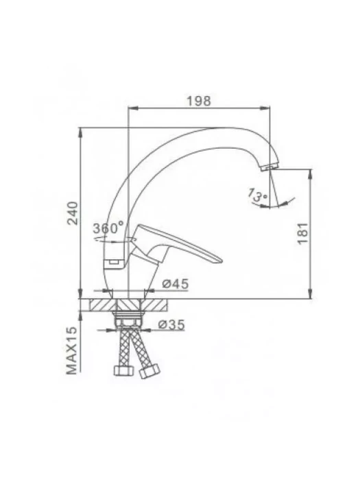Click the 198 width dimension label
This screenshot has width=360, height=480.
pos(199,101)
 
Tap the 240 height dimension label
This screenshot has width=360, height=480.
pos(73,213)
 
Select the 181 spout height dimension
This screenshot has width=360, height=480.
pos(302,233)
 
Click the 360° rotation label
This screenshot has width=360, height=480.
pos(108,228)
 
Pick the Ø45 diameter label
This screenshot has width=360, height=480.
pos(176,284)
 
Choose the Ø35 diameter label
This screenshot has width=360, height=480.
pos(171,325)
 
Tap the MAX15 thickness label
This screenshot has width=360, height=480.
pos(71,350)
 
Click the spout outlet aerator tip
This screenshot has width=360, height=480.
pos(269,167)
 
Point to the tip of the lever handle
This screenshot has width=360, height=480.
pos(221,261)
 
